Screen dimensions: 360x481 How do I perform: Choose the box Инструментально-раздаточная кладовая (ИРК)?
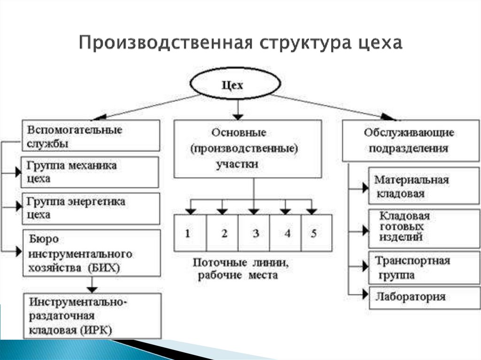92,315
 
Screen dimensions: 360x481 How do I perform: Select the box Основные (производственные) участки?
248,149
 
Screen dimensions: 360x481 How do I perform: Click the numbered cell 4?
286,233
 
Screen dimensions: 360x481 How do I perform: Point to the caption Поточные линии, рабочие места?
241,269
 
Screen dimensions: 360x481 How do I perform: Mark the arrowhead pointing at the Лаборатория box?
365,295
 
